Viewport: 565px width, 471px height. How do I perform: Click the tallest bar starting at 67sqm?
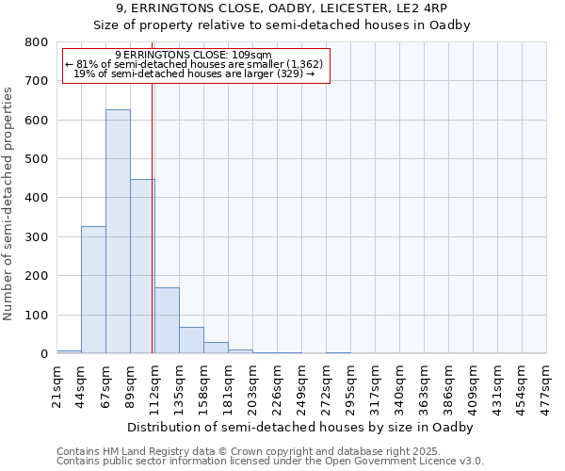(x=118, y=231)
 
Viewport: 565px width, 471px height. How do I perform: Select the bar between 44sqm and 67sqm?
(x=93, y=289)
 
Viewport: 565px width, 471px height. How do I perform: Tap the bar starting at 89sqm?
(x=142, y=266)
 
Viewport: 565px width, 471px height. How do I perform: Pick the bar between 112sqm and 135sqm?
(x=167, y=320)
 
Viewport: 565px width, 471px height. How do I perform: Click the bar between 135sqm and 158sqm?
(x=191, y=340)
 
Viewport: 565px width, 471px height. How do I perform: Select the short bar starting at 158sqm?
(x=216, y=348)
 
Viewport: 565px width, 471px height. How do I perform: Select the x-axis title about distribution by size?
(x=301, y=427)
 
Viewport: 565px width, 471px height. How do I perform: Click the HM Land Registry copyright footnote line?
(x=261, y=451)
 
